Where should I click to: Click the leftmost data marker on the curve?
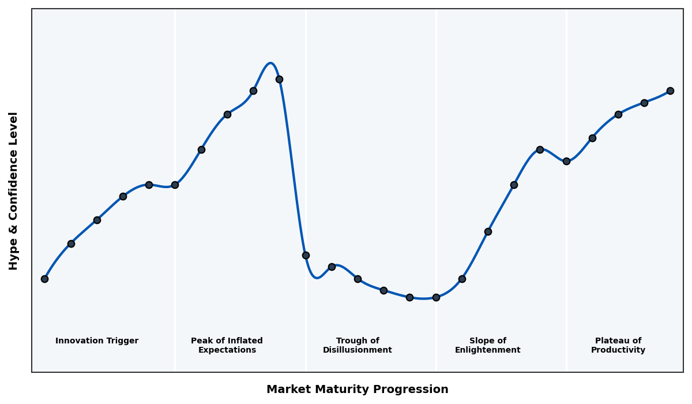click(x=44, y=279)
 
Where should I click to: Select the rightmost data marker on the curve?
click(x=670, y=91)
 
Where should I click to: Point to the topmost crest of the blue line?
click(x=270, y=63)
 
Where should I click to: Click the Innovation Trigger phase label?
click(x=97, y=341)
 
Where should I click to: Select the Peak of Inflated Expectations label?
click(x=227, y=345)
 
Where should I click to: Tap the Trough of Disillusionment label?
click(x=358, y=345)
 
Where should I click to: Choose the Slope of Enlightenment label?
click(x=488, y=345)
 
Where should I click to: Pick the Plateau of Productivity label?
click(x=618, y=345)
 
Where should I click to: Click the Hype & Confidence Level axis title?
click(x=14, y=190)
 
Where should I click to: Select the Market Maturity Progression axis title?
click(x=358, y=390)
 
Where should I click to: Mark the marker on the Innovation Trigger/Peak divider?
click(x=175, y=185)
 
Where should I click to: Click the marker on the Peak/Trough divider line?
click(x=306, y=255)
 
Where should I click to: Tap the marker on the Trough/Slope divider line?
click(x=436, y=297)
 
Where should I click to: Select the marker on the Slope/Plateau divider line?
click(x=566, y=161)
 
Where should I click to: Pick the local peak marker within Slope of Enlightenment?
click(x=540, y=149)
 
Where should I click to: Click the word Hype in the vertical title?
click(x=14, y=256)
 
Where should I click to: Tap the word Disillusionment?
click(x=358, y=350)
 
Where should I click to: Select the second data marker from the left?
click(x=71, y=244)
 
